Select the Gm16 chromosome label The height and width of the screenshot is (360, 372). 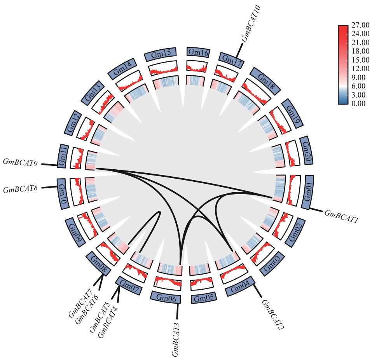point(198,52)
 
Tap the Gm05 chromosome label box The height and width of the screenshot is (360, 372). point(204,299)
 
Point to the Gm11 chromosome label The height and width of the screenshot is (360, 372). point(63,156)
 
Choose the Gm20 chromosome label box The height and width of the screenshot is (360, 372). point(306,150)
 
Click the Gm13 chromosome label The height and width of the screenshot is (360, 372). point(93,93)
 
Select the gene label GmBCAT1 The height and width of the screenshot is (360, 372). point(341,217)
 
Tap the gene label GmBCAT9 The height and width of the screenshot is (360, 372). point(20,162)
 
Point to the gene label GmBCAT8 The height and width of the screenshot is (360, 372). point(20,190)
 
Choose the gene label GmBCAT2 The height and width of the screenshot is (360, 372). point(272,315)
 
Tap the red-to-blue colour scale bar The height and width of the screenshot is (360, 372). point(342,65)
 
